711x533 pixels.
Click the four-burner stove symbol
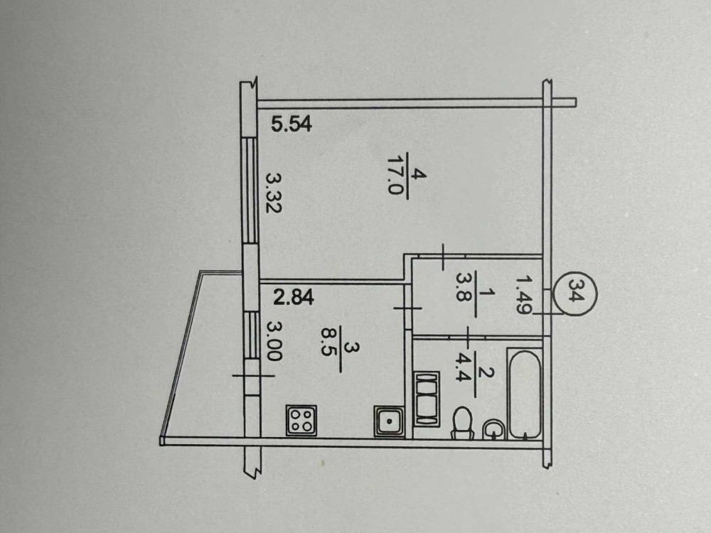(x=301, y=419)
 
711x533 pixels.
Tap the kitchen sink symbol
(x=389, y=421)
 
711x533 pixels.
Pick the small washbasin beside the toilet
(x=493, y=429)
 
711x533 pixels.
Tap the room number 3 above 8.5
(x=348, y=348)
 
